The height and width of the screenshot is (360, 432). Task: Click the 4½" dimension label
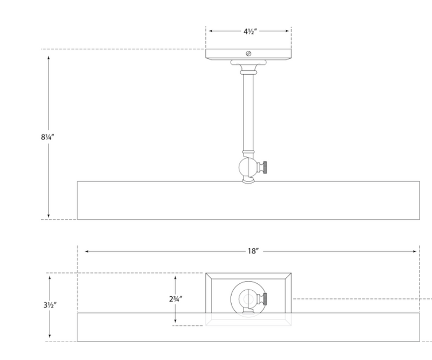tap(248, 31)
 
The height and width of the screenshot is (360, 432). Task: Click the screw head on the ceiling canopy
tap(248, 53)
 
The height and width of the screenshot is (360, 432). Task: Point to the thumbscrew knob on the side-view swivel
tap(264, 166)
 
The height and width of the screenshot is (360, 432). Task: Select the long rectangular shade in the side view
tap(248, 201)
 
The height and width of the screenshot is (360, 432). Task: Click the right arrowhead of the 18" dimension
tap(416, 251)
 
